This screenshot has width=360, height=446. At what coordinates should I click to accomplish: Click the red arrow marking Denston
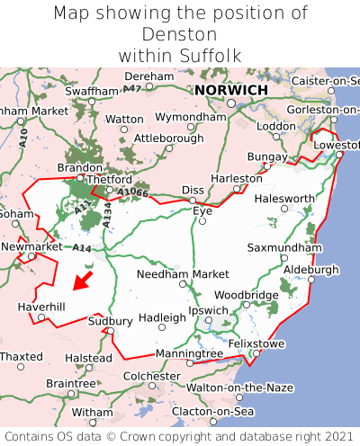tap(82, 281)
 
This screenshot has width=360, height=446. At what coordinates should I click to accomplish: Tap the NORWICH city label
tap(230, 91)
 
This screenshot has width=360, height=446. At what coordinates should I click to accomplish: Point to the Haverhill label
tap(41, 307)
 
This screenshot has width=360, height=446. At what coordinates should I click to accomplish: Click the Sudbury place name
tap(110, 321)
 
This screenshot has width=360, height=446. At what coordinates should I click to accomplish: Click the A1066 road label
tap(132, 192)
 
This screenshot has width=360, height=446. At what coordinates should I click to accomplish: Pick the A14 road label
tap(83, 247)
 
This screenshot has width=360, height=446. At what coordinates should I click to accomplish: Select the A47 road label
tap(132, 88)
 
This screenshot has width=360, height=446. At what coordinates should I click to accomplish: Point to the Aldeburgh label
tap(310, 269)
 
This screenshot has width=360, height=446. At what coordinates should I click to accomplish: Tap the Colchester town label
tap(151, 376)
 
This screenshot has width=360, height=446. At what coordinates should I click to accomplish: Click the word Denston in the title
tap(180, 34)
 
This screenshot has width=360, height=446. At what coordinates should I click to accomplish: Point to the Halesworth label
tap(284, 198)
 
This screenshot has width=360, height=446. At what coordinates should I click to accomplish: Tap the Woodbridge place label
tap(247, 294)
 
